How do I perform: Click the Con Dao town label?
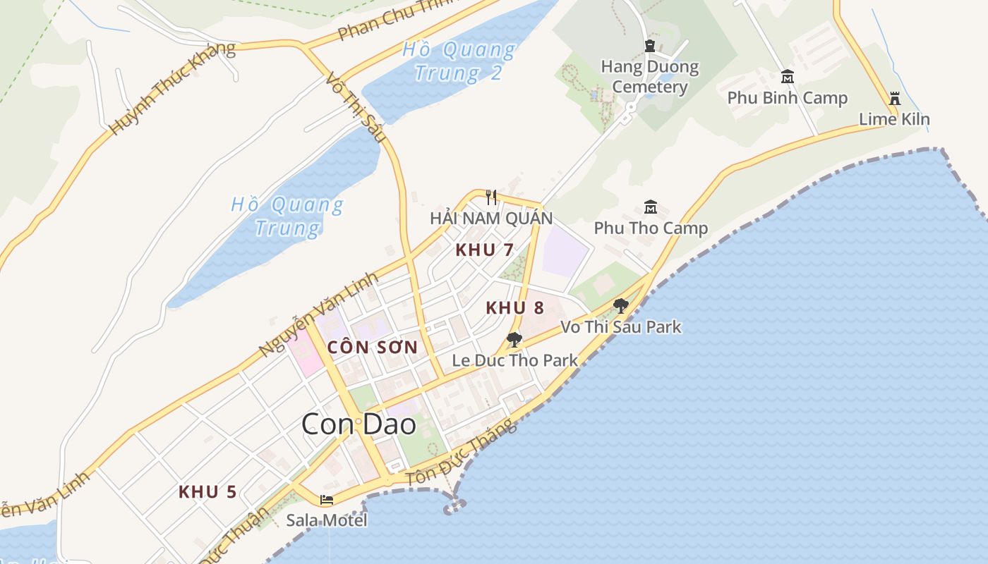tap(359, 424)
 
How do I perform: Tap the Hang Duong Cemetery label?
tap(649, 77)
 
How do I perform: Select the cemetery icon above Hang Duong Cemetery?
tap(650, 47)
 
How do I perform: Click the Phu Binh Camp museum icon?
tap(787, 77)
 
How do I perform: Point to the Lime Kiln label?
tap(894, 119)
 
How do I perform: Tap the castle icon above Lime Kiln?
tap(895, 98)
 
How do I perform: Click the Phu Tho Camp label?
tap(650, 228)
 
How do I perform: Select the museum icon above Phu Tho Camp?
tap(650, 207)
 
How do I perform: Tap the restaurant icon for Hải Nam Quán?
tap(491, 197)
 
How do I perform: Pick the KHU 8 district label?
tap(514, 307)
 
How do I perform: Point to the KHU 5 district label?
tap(207, 492)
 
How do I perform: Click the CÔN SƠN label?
tap(373, 347)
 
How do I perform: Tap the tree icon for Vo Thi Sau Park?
tap(621, 305)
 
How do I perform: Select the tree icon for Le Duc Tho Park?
tap(514, 340)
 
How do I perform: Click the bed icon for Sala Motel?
tap(326, 500)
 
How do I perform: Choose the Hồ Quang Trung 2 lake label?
tap(459, 61)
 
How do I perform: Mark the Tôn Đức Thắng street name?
tap(462, 453)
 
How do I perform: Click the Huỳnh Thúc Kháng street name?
tap(172, 88)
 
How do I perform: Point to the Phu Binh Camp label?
tap(787, 97)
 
